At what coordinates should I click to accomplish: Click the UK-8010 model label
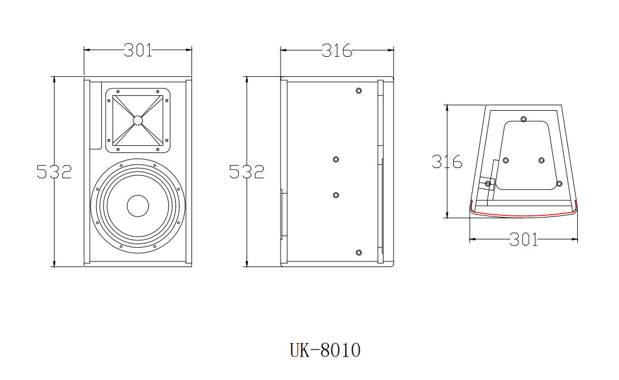point(325,350)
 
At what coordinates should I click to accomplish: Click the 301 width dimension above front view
point(138,50)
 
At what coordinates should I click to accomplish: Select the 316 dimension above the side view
point(337,51)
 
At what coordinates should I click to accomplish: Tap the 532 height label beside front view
point(54,172)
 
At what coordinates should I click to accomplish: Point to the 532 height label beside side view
point(247,172)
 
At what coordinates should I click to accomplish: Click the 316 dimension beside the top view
point(447,162)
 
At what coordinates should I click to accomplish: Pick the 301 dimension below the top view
point(523,239)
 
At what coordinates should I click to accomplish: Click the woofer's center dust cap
point(138,206)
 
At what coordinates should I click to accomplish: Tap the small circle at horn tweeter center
point(137,120)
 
